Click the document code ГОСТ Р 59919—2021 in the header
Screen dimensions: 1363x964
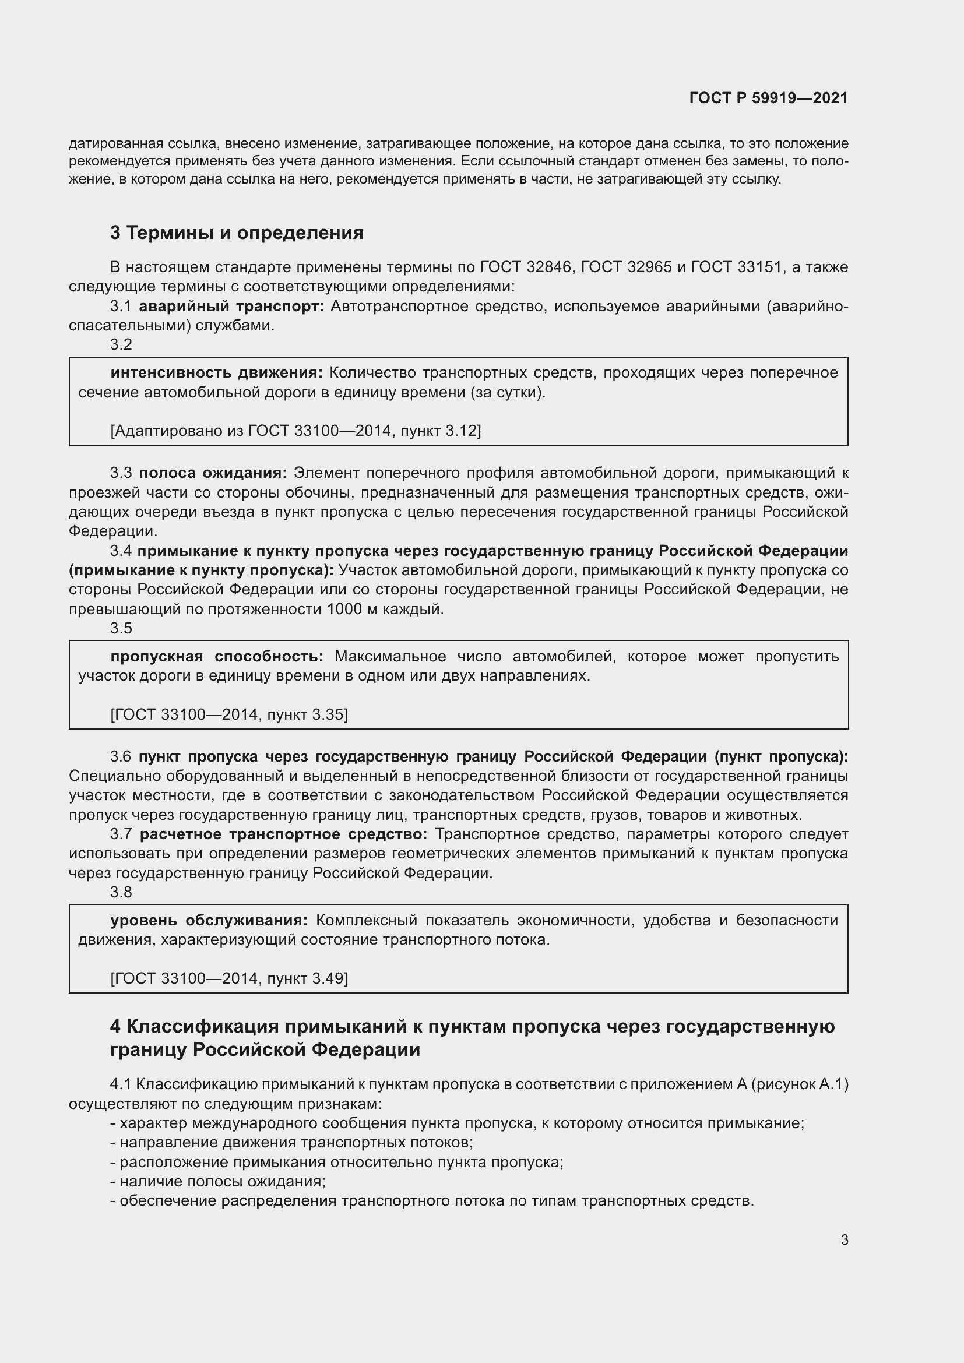(x=768, y=98)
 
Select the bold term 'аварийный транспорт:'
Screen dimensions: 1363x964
(x=231, y=307)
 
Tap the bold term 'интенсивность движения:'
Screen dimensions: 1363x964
(x=216, y=373)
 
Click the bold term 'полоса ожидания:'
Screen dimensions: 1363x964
(x=213, y=473)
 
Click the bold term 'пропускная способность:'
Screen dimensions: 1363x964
(x=217, y=657)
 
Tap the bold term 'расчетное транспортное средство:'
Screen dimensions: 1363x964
(x=283, y=834)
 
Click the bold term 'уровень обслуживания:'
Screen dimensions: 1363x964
(x=209, y=920)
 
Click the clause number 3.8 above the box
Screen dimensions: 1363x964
(x=121, y=892)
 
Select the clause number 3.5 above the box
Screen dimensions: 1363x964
(x=121, y=628)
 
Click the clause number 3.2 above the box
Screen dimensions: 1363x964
(x=121, y=344)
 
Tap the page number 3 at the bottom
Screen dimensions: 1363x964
(x=844, y=1239)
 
